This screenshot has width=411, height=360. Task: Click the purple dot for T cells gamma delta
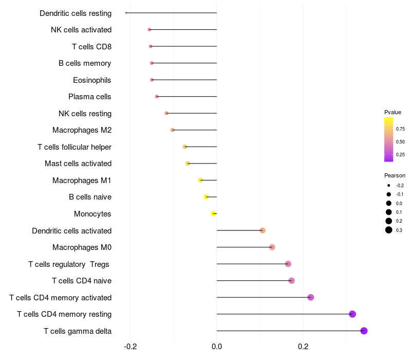click(364, 331)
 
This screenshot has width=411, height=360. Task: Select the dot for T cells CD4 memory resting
click(352, 314)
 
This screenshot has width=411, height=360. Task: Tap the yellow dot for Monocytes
click(213, 213)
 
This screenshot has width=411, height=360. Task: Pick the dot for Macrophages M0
click(272, 247)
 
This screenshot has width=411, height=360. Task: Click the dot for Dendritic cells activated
click(263, 230)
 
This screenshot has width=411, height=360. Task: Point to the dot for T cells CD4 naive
click(291, 281)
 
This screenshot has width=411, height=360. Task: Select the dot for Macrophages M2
click(173, 130)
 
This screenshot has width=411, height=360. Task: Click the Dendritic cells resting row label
click(76, 13)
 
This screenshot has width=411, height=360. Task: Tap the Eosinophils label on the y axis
click(92, 80)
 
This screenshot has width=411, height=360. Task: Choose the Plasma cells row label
click(90, 97)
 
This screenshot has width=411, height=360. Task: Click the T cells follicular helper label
click(74, 147)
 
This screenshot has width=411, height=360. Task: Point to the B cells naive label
click(90, 197)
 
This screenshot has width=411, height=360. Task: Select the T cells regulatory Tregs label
click(69, 264)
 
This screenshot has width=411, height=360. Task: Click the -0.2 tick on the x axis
click(130, 347)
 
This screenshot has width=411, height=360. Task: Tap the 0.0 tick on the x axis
click(217, 347)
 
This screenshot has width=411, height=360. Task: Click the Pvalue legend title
click(393, 112)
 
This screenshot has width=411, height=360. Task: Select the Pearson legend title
click(395, 175)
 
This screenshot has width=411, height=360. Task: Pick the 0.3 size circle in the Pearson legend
click(389, 230)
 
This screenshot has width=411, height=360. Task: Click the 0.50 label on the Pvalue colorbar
click(400, 141)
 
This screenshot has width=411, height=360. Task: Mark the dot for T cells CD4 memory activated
click(310, 297)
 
